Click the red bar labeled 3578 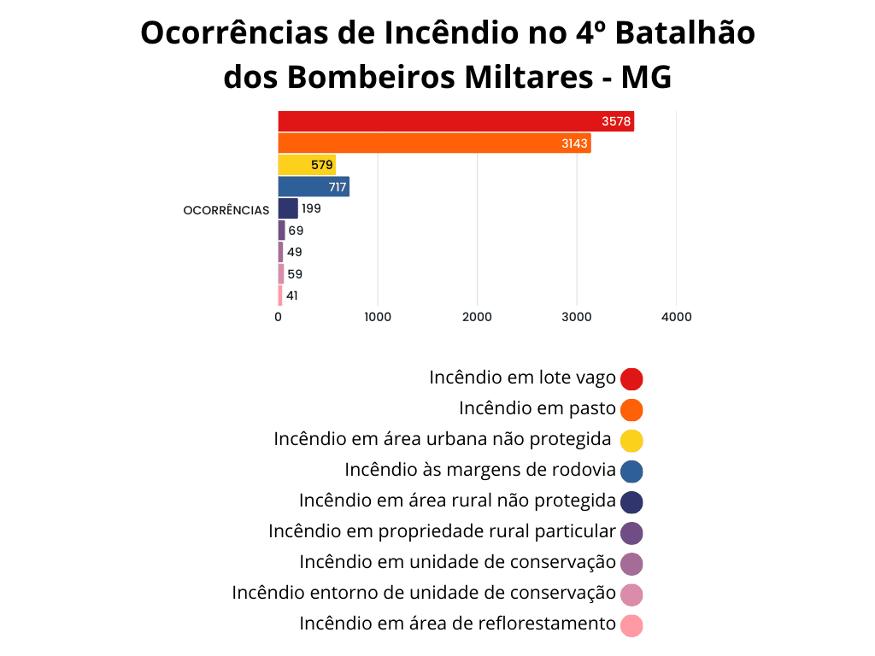click(455, 121)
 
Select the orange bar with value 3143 click(434, 143)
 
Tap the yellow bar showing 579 click(306, 165)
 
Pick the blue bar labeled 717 click(313, 186)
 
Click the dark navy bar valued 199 click(288, 208)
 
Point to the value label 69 click(296, 231)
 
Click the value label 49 click(295, 252)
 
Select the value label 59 click(295, 274)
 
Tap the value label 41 click(292, 296)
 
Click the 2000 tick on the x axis click(477, 317)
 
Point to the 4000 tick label click(676, 317)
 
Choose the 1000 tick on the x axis click(377, 317)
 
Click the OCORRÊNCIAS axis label click(226, 210)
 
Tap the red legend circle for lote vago click(631, 378)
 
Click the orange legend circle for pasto click(631, 409)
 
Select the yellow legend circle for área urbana click(631, 440)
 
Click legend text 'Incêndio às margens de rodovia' click(480, 470)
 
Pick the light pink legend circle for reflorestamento click(631, 624)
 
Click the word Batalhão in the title click(685, 33)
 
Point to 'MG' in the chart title click(646, 78)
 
